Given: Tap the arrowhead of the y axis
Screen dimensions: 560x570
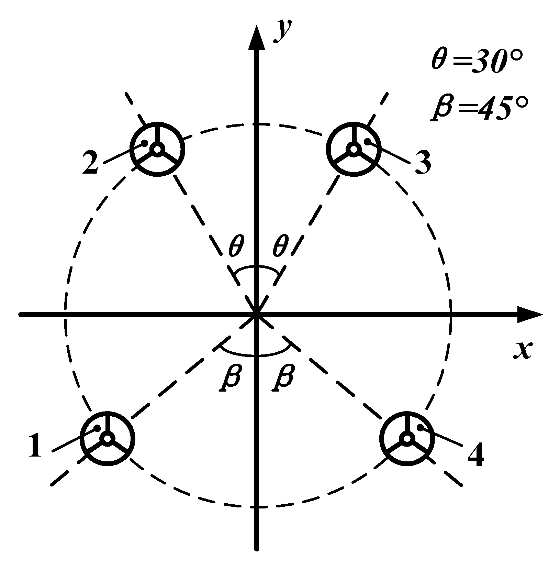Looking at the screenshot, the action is [x=257, y=38].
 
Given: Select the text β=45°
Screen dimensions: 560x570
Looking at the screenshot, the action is [x=479, y=108].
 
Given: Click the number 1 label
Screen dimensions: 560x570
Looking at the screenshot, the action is [x=35, y=446].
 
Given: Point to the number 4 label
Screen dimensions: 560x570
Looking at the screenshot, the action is [x=476, y=456].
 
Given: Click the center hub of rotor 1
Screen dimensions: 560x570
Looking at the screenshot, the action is [x=107, y=439].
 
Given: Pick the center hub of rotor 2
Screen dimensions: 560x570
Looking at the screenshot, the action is [x=157, y=149].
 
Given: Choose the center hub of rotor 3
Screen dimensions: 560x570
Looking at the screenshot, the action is [x=353, y=149].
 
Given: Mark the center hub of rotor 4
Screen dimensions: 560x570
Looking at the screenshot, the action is [x=407, y=438].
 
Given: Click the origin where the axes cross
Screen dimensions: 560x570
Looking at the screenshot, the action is [x=257, y=314].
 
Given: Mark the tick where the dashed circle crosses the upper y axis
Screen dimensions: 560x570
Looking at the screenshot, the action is [x=257, y=124].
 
